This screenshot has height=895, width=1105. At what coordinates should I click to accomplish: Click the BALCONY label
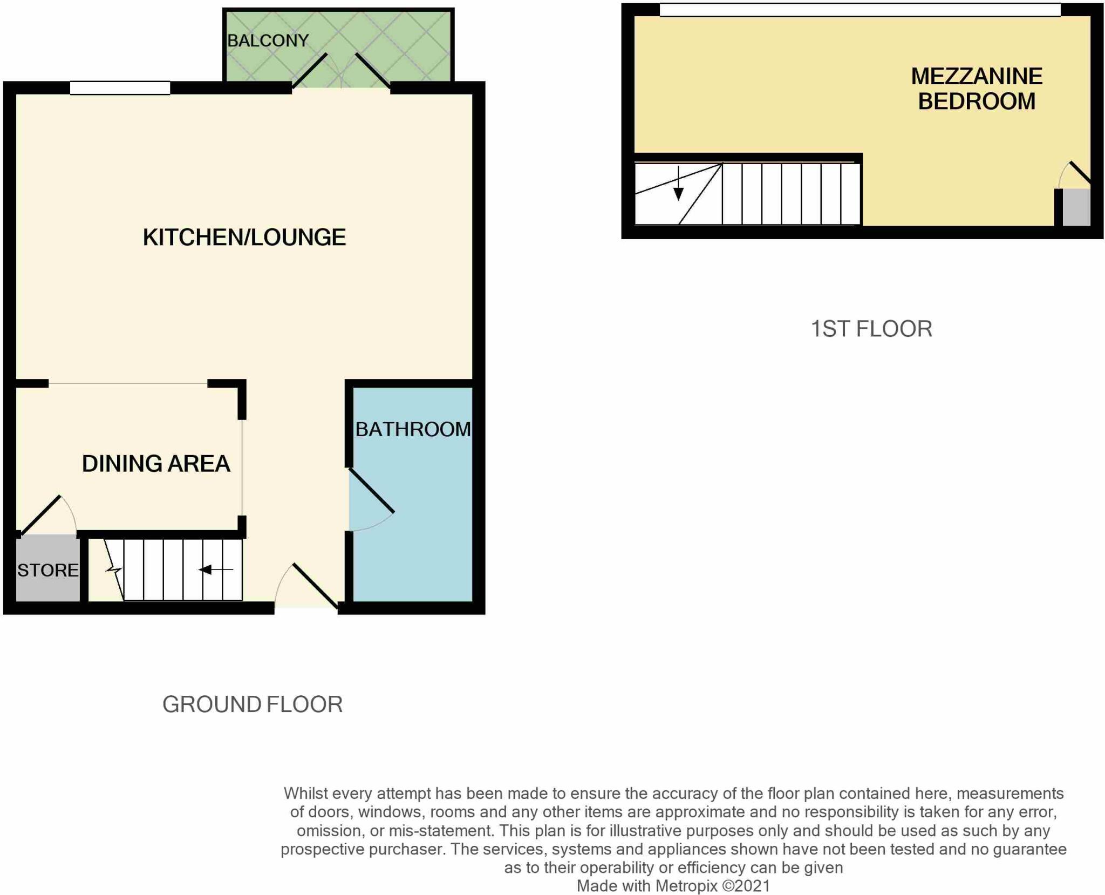tap(268, 40)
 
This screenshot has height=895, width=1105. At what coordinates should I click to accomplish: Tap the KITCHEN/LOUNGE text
tap(244, 238)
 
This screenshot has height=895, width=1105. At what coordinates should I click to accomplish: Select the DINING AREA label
tap(156, 464)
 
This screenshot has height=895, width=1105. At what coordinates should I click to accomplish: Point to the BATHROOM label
tap(413, 429)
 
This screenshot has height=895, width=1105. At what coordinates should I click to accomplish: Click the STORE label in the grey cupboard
tap(47, 570)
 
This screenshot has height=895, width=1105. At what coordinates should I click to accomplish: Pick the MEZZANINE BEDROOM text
tap(977, 89)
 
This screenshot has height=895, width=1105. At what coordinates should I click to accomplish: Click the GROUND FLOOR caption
tap(253, 704)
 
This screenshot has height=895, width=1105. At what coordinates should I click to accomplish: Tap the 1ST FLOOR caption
tap(871, 329)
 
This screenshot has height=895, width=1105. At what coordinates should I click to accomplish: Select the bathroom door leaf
tap(372, 490)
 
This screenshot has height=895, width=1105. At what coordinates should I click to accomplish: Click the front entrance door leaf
tap(316, 586)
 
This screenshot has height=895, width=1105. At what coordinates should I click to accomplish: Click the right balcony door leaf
tap(372, 71)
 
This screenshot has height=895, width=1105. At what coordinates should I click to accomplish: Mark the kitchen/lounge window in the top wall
tap(120, 87)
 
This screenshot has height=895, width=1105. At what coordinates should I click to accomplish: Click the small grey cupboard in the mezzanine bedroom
tap(1076, 207)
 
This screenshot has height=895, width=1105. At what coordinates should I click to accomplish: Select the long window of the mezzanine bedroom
tap(860, 10)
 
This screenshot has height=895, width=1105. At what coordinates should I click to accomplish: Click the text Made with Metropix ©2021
tap(673, 886)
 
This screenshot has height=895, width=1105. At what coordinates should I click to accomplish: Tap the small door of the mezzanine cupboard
tap(1080, 172)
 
